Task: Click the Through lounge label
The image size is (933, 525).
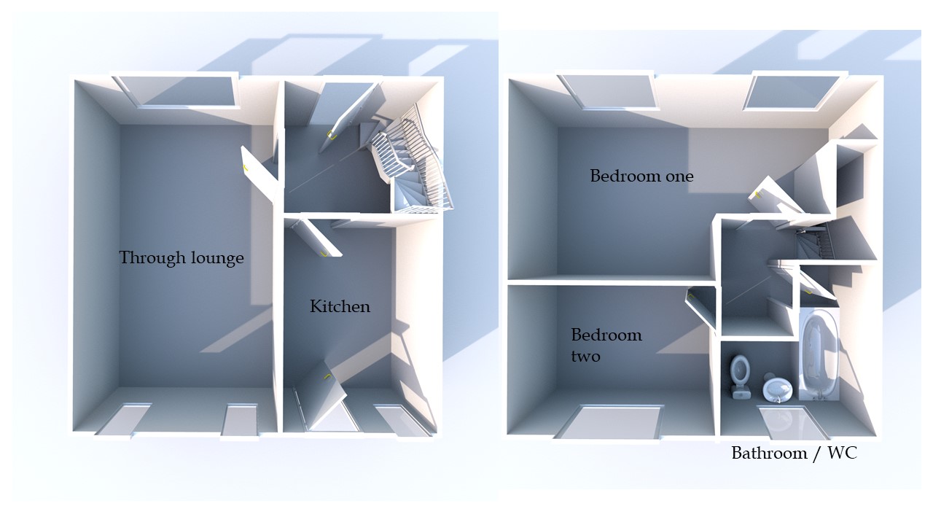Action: (181, 257)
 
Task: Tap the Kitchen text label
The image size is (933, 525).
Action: (340, 306)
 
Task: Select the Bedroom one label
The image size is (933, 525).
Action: (641, 176)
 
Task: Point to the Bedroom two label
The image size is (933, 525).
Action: (606, 345)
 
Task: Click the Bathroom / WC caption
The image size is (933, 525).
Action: (794, 454)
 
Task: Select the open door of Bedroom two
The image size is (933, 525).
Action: (702, 306)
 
